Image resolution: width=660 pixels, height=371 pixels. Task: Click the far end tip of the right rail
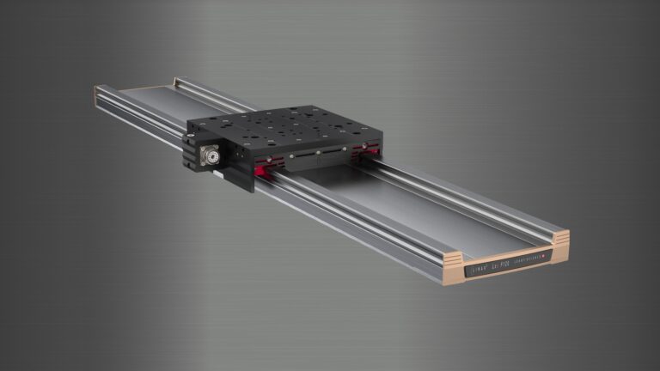(x=181, y=82)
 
